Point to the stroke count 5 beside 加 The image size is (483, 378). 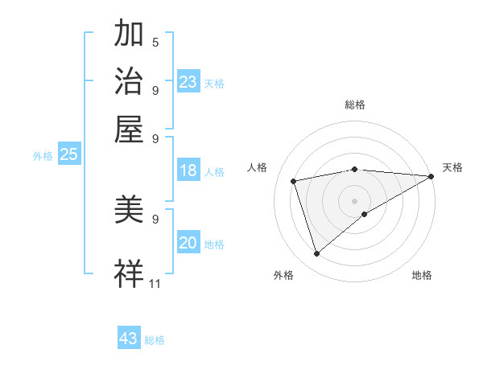point(155,42)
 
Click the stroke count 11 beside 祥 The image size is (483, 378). point(155,283)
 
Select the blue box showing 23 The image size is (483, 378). point(188,82)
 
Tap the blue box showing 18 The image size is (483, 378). point(188,171)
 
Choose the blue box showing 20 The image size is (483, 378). point(188,243)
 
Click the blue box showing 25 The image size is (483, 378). point(68,154)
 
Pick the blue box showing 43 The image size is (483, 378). point(129,339)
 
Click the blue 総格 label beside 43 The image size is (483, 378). point(155,340)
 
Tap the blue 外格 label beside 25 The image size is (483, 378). point(43,156)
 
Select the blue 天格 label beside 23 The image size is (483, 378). point(214,84)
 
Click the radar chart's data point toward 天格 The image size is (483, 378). point(431,176)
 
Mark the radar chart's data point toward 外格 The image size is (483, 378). point(316,254)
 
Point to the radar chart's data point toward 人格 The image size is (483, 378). point(294,180)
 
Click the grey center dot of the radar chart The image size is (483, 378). point(354,199)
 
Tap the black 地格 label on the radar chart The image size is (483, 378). point(422,275)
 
